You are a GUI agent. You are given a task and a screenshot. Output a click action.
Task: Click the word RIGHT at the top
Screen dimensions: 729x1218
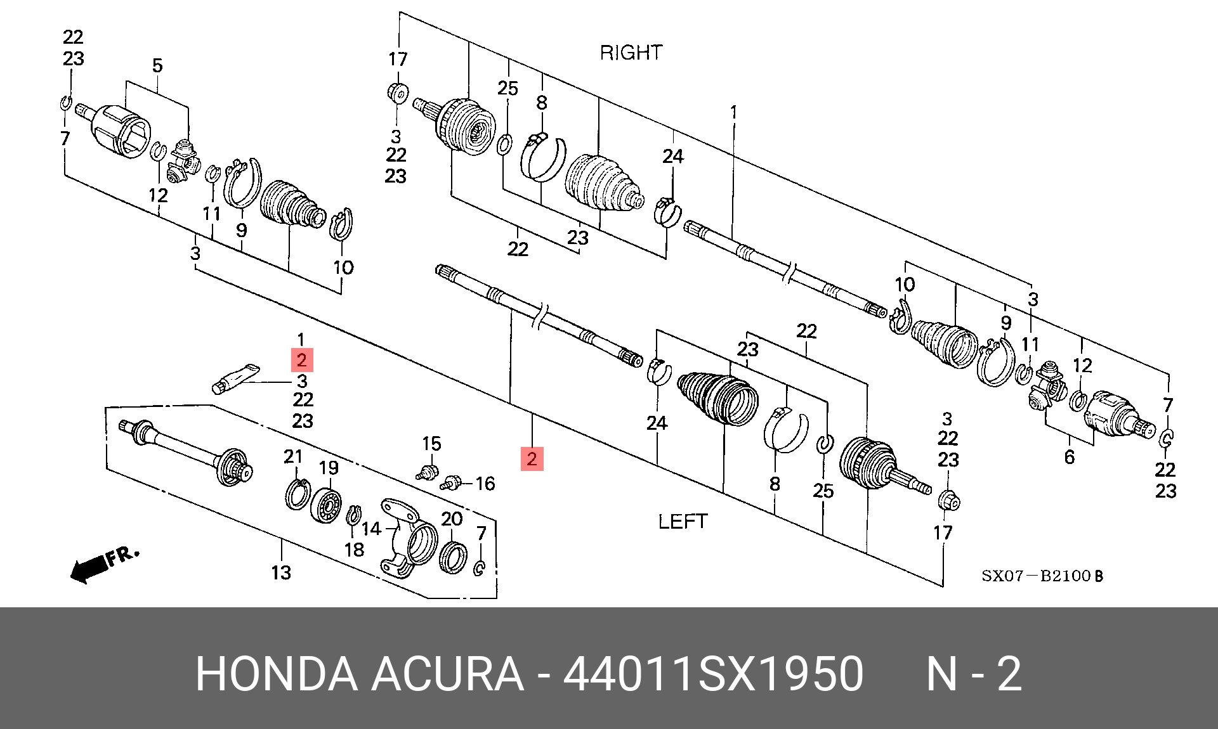(631, 53)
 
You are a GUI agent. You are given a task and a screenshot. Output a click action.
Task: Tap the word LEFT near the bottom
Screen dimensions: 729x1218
(683, 522)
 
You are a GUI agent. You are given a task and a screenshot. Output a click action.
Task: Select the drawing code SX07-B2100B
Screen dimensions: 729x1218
(1042, 576)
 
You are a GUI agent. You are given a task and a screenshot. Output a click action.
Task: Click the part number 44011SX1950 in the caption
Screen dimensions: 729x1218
(713, 674)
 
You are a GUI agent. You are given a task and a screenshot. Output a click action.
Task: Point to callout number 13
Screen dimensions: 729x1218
(281, 573)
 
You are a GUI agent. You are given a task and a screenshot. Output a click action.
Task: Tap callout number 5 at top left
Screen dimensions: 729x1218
(157, 65)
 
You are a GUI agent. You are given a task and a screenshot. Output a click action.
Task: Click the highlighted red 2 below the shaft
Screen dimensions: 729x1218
(532, 458)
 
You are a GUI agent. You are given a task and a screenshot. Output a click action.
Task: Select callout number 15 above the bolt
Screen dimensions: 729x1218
(431, 444)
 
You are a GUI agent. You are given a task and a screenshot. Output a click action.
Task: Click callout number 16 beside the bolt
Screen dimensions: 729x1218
(485, 484)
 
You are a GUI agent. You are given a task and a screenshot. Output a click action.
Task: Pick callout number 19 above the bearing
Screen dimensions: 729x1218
(329, 468)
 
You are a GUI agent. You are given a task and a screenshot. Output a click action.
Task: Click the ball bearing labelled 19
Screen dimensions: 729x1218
(326, 505)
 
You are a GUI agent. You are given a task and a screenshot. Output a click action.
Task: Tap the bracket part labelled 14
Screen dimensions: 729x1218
(409, 536)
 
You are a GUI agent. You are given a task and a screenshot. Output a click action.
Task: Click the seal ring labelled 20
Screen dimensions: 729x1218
(453, 557)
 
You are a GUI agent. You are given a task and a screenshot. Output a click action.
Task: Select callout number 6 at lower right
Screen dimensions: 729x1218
(1070, 457)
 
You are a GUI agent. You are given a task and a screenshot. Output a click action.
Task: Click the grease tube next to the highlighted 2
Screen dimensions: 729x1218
(235, 378)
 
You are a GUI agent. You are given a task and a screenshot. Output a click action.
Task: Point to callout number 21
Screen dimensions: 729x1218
(293, 456)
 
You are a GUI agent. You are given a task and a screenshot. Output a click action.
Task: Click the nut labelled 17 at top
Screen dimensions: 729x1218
(398, 93)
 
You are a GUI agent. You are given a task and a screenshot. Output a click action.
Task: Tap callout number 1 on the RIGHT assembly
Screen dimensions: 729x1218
(733, 112)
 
